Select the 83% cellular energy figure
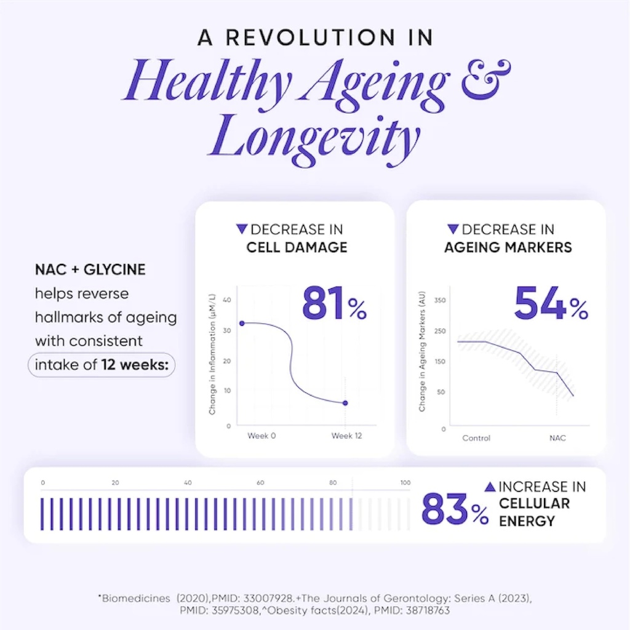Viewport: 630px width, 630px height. [455, 509]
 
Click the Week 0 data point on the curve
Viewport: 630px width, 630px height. [242, 323]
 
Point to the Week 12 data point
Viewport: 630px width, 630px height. [345, 403]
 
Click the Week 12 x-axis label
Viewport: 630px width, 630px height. [346, 436]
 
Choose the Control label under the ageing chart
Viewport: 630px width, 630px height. [476, 438]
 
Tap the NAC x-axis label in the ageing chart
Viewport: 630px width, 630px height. [557, 438]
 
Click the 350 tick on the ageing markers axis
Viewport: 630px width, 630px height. [440, 300]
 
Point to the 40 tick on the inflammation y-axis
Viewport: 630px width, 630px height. [226, 300]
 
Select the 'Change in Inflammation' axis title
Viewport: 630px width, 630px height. [212, 354]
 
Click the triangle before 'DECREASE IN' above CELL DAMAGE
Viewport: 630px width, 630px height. [241, 229]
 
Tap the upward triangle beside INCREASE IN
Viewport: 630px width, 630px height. [490, 487]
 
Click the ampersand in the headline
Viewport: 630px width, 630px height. [486, 79]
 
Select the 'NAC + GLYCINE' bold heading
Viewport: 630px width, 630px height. [90, 269]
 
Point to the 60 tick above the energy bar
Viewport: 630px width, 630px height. [260, 482]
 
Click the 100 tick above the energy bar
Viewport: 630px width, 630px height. [405, 482]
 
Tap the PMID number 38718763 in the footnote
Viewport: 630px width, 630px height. [428, 611]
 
